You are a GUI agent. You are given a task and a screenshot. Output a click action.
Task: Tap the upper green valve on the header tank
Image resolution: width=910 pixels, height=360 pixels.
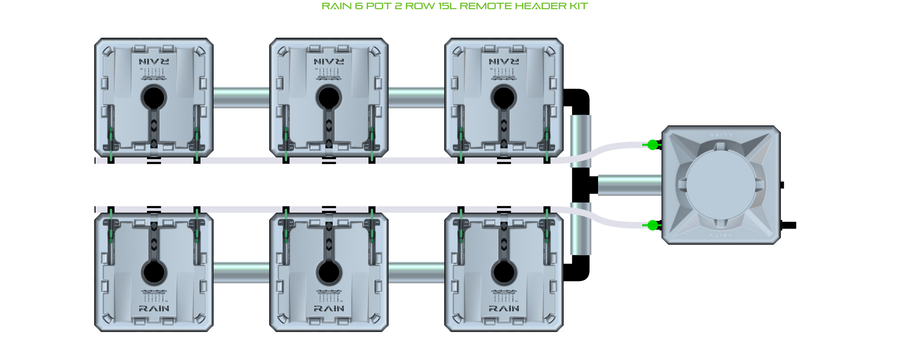[x=652, y=145]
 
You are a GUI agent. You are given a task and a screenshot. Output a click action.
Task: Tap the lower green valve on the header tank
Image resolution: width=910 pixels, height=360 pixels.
[x=652, y=225]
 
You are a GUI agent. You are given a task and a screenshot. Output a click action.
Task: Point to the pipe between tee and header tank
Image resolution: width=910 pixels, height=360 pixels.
[x=629, y=185]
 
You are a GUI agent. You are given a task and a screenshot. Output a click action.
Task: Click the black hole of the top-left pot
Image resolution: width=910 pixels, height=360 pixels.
[x=153, y=97]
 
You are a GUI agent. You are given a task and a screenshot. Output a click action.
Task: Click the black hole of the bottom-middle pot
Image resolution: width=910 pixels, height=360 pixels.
[x=328, y=272]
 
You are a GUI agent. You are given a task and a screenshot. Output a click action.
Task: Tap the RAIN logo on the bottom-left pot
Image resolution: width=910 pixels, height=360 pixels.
[x=154, y=309]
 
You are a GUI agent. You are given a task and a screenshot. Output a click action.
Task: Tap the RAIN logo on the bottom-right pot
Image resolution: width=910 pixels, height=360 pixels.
[x=504, y=309]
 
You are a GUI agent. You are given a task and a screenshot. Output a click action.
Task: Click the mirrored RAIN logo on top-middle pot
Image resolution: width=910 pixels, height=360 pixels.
[x=329, y=62]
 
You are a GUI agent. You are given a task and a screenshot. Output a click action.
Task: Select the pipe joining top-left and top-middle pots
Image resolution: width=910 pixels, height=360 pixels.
[x=241, y=97]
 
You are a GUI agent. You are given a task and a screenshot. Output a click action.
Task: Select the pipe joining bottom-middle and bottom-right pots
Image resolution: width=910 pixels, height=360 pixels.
[x=416, y=272]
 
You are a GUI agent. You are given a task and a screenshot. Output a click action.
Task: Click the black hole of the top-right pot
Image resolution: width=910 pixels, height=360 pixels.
[x=503, y=97]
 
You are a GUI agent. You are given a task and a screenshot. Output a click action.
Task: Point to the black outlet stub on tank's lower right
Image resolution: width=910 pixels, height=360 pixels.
[x=789, y=225]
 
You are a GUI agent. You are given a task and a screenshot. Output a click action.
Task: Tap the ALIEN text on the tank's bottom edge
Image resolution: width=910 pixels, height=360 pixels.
[x=721, y=236]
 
